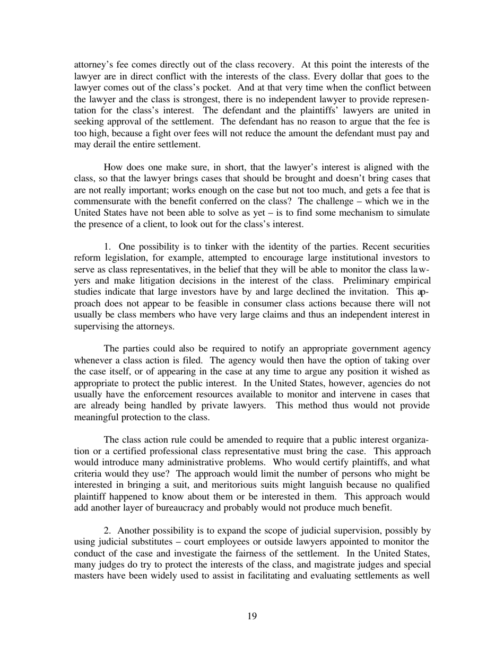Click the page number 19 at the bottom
252,615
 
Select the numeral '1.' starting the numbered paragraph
108,246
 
